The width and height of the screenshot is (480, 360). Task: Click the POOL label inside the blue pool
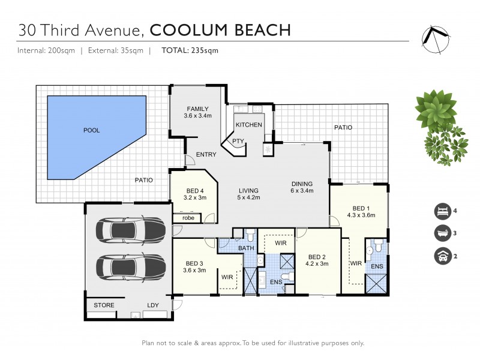point(92,130)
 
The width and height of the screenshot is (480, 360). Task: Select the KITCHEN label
point(248,124)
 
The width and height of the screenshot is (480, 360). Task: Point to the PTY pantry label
point(238,141)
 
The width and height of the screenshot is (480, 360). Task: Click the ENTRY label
point(206,155)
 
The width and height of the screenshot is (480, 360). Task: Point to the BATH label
point(245,247)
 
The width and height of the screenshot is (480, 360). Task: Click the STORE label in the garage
point(104,305)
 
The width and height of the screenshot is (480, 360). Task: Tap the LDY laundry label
point(153,305)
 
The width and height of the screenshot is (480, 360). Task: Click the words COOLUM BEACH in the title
point(220,29)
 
